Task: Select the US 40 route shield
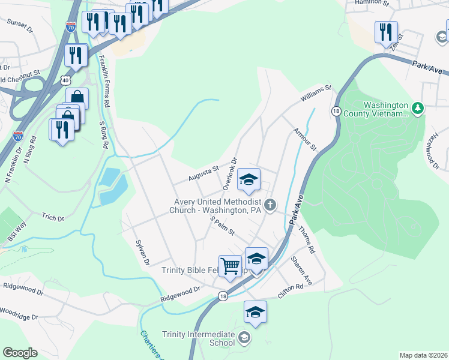point(65,79)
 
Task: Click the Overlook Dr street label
point(231,174)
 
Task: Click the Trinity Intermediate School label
point(199,338)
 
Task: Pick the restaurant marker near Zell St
point(385,32)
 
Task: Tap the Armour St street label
point(304,139)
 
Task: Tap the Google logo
point(20,352)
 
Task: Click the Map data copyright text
point(423,355)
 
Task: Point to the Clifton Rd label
point(291,292)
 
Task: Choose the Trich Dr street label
point(53,217)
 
